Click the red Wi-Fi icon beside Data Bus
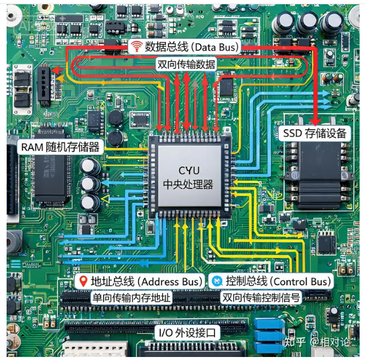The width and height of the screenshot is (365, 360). pyautogui.click(x=136, y=46)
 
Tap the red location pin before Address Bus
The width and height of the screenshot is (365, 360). pyautogui.click(x=83, y=281)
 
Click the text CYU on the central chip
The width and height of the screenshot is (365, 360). pyautogui.click(x=189, y=170)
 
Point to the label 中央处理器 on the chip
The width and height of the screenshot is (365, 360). pyautogui.click(x=188, y=184)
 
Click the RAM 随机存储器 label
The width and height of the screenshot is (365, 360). pyautogui.click(x=61, y=147)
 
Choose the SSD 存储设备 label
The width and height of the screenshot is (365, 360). pyautogui.click(x=315, y=133)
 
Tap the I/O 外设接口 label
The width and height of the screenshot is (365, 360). pyautogui.click(x=187, y=332)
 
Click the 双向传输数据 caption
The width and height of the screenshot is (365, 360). pyautogui.click(x=186, y=64)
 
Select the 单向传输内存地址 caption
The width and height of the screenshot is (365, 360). pyautogui.click(x=131, y=298)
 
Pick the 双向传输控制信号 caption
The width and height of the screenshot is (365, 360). pyautogui.click(x=261, y=298)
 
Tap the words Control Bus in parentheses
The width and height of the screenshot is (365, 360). pyautogui.click(x=301, y=281)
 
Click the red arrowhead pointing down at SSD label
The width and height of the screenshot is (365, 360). pyautogui.click(x=315, y=121)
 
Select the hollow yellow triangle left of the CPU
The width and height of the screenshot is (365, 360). pyautogui.click(x=105, y=199)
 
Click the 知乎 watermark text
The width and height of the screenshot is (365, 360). pyautogui.click(x=294, y=342)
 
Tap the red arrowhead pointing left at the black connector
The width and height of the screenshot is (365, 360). pyautogui.click(x=55, y=70)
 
